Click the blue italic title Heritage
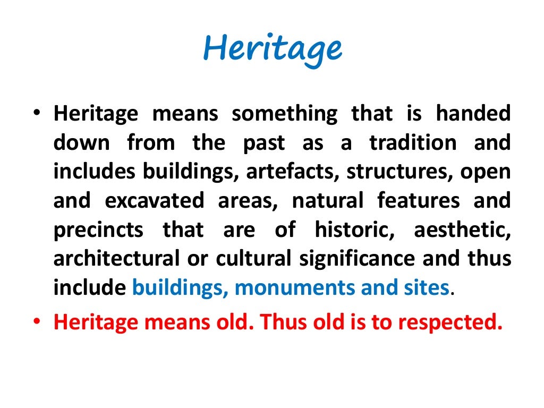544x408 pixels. click(x=272, y=49)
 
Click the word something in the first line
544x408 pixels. click(x=284, y=114)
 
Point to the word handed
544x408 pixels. click(x=473, y=114)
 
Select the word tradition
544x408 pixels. click(x=413, y=143)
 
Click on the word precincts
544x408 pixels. click(x=98, y=230)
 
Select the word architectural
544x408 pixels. click(x=116, y=259)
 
